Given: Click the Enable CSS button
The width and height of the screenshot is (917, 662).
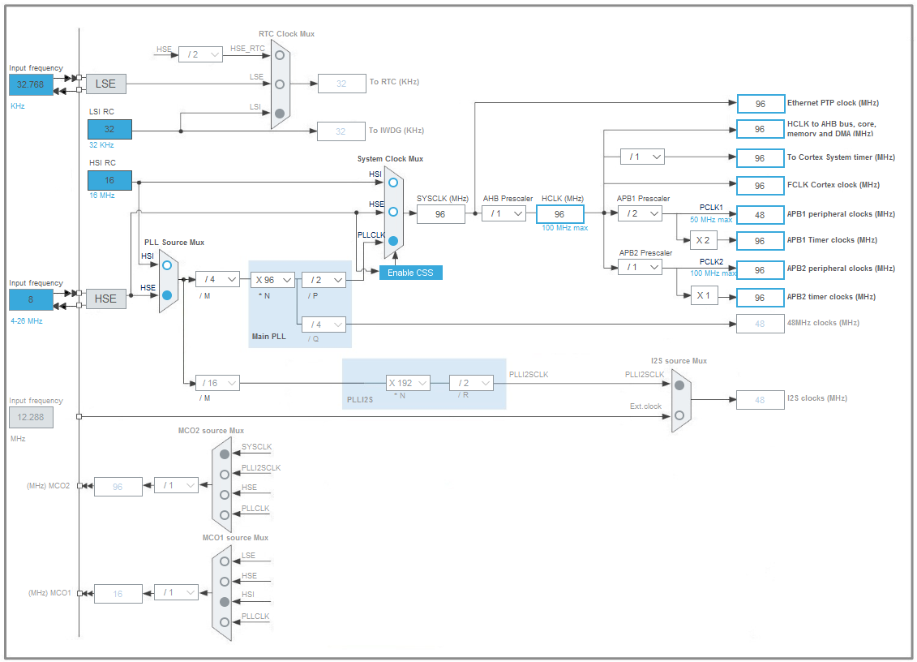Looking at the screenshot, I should coord(411,273).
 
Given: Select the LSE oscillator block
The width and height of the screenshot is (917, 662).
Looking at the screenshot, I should coord(106,84).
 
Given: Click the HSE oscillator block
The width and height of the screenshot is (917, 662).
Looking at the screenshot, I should coord(106,299).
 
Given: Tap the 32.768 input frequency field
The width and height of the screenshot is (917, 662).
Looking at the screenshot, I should coord(30,84).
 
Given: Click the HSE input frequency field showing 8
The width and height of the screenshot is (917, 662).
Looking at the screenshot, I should coord(30,299).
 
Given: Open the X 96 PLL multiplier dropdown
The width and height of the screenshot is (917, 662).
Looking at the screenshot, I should coord(272,280).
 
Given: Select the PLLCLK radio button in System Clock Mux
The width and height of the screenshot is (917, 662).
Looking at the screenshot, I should coord(393,241).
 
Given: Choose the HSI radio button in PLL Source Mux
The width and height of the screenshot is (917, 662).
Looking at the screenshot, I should coord(167,265).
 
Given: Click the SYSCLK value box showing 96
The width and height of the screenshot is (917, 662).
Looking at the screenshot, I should coord(440,214).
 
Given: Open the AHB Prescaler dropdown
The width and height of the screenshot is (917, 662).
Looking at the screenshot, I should coord(503,213).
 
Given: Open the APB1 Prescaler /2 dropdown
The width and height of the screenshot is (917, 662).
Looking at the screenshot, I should coord(640,213).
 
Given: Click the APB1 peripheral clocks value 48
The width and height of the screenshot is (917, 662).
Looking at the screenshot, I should coord(761,214).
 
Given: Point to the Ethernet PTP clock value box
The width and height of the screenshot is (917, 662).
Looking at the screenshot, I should coord(761,104).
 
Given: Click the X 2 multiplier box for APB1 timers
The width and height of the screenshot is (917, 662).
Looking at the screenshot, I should coord(703,240).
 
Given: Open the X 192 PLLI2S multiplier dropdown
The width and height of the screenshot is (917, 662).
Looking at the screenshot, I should coord(408,383).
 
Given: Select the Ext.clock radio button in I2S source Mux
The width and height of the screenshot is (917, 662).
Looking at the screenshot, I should coord(679,415).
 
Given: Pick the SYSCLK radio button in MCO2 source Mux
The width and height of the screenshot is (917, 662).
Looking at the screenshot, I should coord(225,454).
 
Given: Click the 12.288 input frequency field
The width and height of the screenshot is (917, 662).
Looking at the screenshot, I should coord(30,418).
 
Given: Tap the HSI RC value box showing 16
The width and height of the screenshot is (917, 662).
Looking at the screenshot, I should coord(109,181).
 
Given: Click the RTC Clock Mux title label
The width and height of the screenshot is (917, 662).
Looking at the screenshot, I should coord(286,34).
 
